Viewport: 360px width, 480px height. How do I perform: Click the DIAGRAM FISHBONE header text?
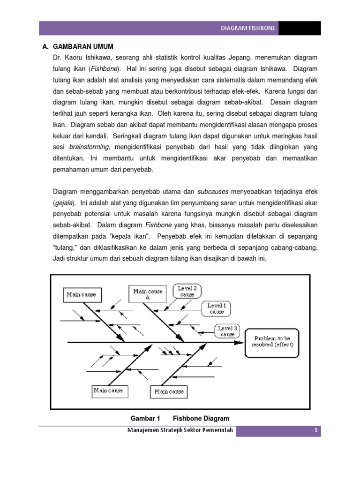(248, 29)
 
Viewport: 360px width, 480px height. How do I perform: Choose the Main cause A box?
(148, 294)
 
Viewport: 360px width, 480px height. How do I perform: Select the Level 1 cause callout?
(217, 308)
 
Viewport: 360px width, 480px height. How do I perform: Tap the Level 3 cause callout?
(227, 331)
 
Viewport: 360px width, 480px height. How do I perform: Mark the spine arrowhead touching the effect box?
(240, 342)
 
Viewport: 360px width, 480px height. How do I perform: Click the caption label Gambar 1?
(144, 418)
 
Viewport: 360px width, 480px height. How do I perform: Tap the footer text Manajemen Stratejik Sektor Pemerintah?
(177, 431)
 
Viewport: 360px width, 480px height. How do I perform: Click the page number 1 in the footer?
(316, 431)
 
